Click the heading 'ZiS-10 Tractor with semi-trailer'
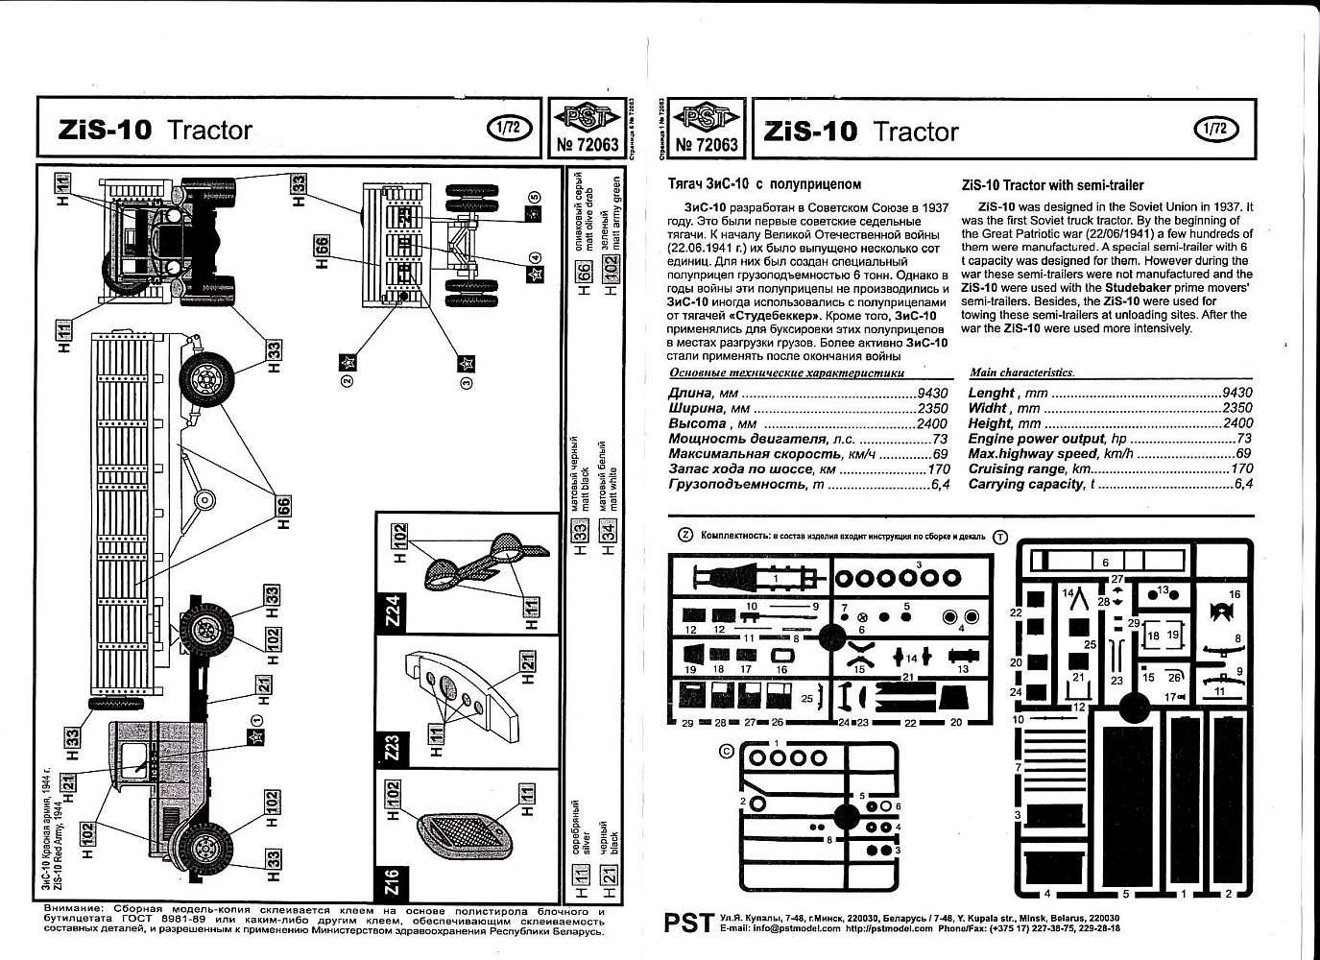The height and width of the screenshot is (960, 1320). pos(1052,185)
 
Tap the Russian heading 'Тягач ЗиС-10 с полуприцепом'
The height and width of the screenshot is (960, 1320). pos(764,184)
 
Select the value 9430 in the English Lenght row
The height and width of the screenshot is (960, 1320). pos(1237,393)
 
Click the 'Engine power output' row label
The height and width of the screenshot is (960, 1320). pos(1038,439)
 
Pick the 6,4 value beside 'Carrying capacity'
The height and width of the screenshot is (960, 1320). pos(1243,485)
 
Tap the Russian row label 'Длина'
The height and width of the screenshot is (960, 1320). pos(690,393)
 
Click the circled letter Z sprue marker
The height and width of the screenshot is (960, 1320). pos(685,536)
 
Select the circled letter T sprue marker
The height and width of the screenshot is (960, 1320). pos(1001,537)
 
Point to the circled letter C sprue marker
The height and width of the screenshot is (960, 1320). pos(726,751)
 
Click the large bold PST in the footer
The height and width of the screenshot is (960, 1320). pos(687,923)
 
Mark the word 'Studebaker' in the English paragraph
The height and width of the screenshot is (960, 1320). pos(1144,287)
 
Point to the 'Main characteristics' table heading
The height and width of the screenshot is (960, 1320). pos(1021,372)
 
